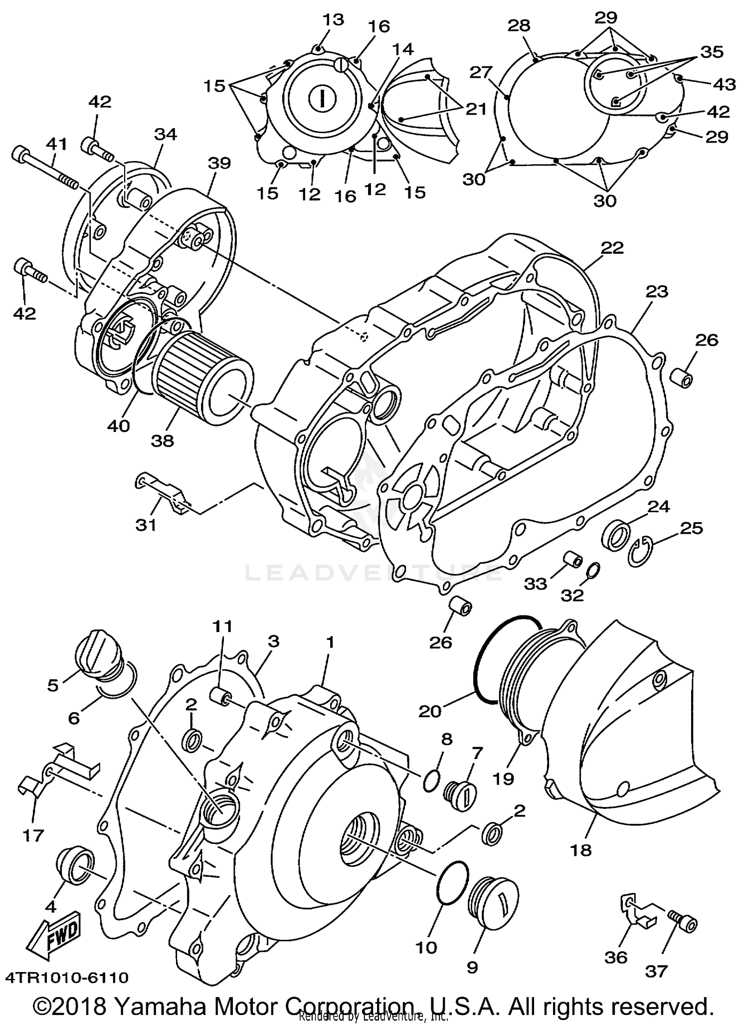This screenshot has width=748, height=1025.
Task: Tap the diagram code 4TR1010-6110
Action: (x=67, y=977)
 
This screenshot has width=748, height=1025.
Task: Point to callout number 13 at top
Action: (x=332, y=19)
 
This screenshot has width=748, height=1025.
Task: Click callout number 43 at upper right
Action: (x=724, y=85)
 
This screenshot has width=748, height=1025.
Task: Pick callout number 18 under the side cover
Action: (x=581, y=850)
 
